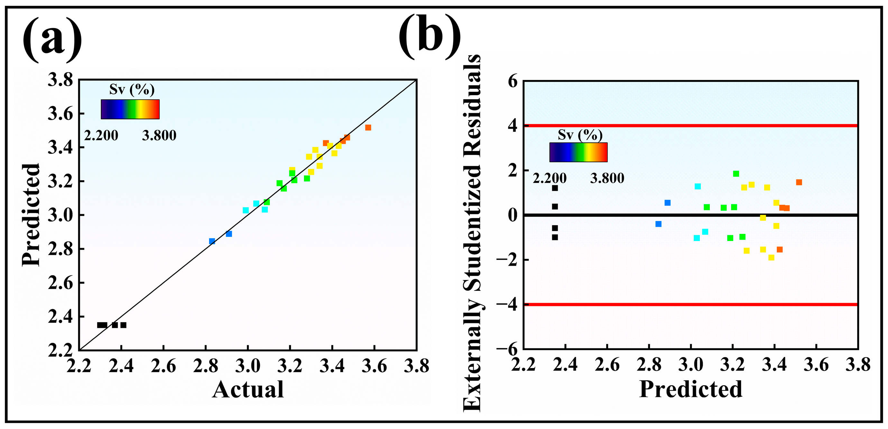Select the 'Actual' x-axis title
248,389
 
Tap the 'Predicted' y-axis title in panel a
31,215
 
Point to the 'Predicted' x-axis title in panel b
691,389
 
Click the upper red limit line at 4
691,126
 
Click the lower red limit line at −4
691,304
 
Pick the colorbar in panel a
130,109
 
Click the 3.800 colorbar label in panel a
159,136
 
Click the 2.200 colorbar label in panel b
549,178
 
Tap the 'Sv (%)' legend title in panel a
132,90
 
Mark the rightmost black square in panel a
124,325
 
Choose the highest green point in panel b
736,174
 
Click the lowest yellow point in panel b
772,257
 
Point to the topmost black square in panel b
555,188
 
